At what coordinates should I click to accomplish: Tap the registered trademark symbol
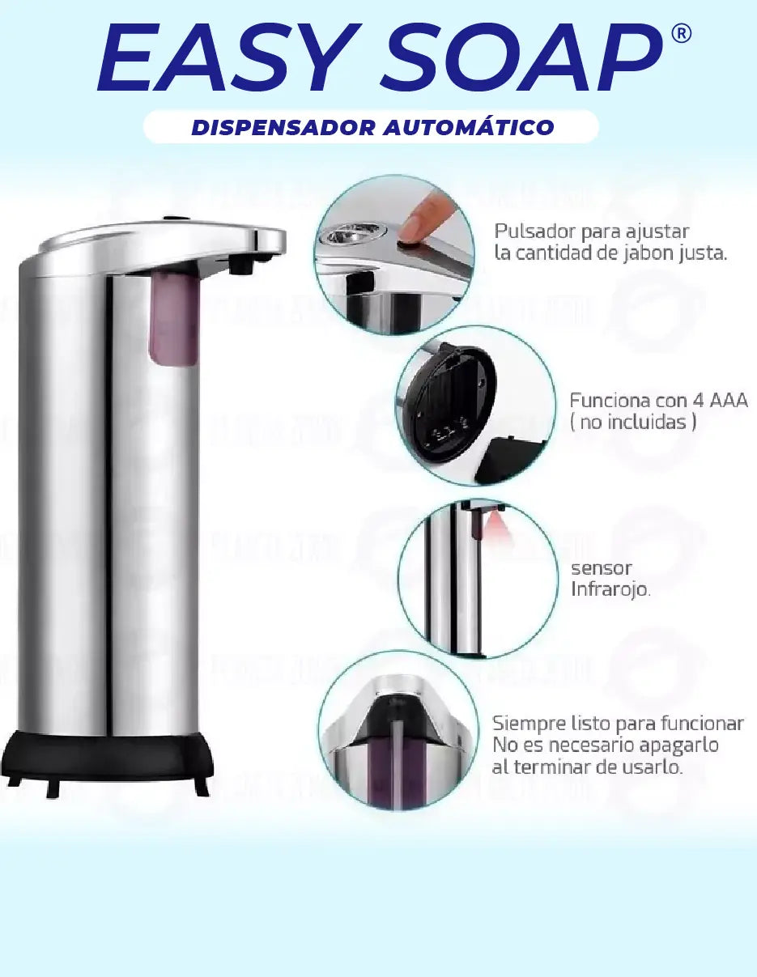[x=682, y=34]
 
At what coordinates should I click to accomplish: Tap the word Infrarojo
[x=610, y=589]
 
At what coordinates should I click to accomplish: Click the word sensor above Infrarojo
[x=601, y=568]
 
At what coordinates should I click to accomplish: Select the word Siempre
[x=529, y=724]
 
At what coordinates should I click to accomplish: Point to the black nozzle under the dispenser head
[x=238, y=264]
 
